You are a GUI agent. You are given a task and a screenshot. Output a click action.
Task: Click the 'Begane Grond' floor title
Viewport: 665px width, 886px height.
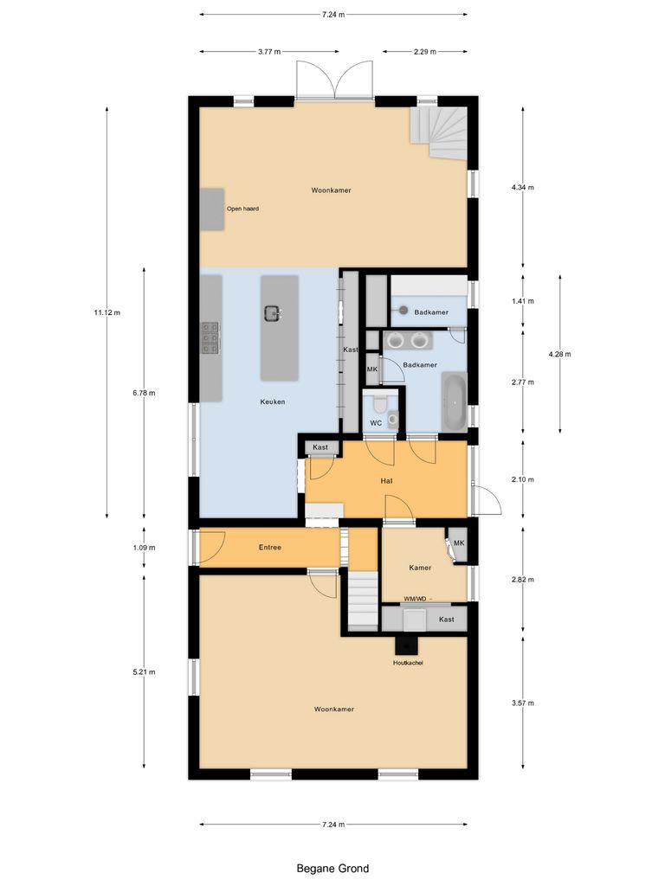[x=332, y=869]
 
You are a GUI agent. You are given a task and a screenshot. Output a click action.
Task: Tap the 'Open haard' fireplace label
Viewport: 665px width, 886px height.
[x=242, y=209]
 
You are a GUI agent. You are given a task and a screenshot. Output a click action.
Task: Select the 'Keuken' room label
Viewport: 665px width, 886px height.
[x=273, y=401]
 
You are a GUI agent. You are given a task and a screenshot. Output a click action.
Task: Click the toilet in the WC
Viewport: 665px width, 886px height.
[x=377, y=404]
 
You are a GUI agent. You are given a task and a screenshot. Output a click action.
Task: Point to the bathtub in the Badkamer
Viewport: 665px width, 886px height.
[x=454, y=401]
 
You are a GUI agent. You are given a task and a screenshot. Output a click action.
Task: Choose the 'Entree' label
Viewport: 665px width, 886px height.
[x=270, y=547]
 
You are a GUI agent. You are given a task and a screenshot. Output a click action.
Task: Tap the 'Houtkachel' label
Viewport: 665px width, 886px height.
[x=407, y=663]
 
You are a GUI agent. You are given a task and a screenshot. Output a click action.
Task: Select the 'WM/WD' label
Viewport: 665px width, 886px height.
[x=416, y=599]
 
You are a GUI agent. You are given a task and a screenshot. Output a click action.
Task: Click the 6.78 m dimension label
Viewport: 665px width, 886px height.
[x=144, y=393]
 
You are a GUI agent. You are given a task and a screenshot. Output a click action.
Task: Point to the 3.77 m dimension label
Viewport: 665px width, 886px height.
[x=269, y=52]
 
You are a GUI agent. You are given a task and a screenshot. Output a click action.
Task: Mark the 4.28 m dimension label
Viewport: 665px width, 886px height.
[x=560, y=354]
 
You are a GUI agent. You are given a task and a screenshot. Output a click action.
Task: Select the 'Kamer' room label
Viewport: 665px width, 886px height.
[x=420, y=568]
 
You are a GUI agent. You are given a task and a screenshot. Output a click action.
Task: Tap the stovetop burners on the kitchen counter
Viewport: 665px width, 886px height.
[x=210, y=338]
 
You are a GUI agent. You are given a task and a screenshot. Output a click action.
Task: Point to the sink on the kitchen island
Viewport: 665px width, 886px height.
[x=273, y=313]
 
